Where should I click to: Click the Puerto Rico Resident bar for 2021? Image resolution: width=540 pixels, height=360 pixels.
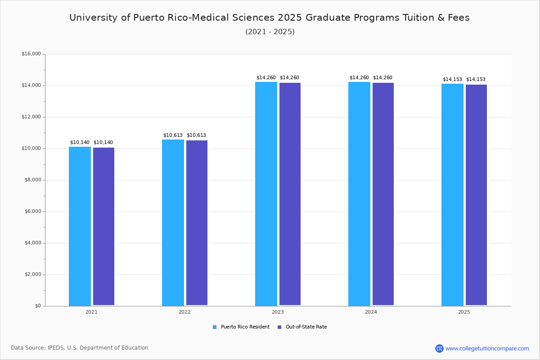coord(80,226)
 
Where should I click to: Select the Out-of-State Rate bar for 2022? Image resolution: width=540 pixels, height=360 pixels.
coord(197,223)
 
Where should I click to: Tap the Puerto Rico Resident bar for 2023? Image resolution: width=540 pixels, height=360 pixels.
coord(266,193)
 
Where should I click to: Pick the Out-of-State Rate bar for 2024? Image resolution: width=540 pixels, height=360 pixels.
coord(383,194)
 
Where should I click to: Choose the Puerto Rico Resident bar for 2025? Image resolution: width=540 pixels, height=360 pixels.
coord(452,194)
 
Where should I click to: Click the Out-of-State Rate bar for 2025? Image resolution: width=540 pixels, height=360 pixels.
coord(476,195)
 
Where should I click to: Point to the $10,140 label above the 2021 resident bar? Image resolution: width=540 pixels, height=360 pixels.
coord(80,143)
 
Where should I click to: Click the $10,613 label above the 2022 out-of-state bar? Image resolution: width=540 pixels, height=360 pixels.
coord(196,135)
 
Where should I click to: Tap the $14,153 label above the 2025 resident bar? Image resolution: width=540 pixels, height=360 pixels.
coord(452,80)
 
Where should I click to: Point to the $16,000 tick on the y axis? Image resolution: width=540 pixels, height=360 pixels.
coord(31,54)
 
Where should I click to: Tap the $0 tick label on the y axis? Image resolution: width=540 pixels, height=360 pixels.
coord(37,306)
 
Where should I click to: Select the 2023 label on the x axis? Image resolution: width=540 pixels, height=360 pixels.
coord(278,312)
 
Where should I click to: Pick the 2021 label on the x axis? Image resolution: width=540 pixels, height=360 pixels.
coord(91,312)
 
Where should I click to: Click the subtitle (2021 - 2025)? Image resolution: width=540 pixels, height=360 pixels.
coord(270,32)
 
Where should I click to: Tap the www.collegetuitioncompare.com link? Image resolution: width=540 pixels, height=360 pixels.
coord(487,348)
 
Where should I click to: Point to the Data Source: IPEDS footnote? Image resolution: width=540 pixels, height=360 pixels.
coord(80,348)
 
